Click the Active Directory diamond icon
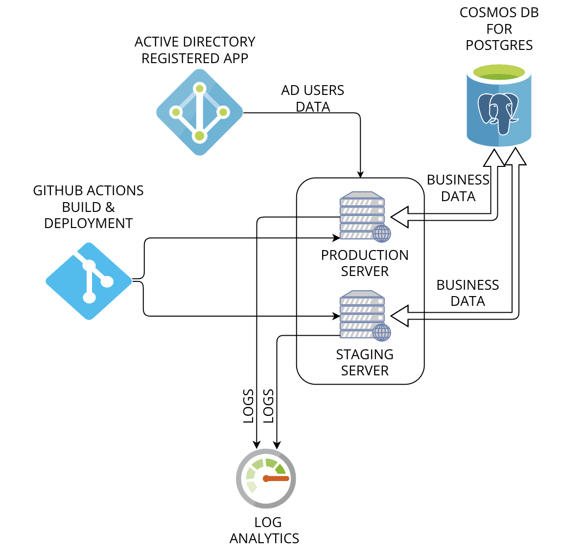click(x=199, y=112)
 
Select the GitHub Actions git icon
click(x=89, y=281)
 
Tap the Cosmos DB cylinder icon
click(x=499, y=105)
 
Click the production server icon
click(x=365, y=217)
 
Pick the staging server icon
click(x=365, y=316)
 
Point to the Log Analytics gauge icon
click(x=266, y=478)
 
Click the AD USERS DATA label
click(x=313, y=98)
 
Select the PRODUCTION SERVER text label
click(x=365, y=263)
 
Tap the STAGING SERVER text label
click(x=365, y=362)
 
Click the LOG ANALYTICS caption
click(x=265, y=530)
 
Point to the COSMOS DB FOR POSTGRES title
click(x=499, y=29)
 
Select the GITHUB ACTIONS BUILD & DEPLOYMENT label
click(x=88, y=207)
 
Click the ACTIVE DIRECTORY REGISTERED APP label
click(x=195, y=50)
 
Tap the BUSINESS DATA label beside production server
click(x=458, y=188)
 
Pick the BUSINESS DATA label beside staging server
click(x=468, y=293)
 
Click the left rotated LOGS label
click(x=249, y=406)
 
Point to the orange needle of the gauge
click(x=277, y=478)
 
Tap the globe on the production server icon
click(x=382, y=233)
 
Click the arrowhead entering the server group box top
click(x=360, y=175)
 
